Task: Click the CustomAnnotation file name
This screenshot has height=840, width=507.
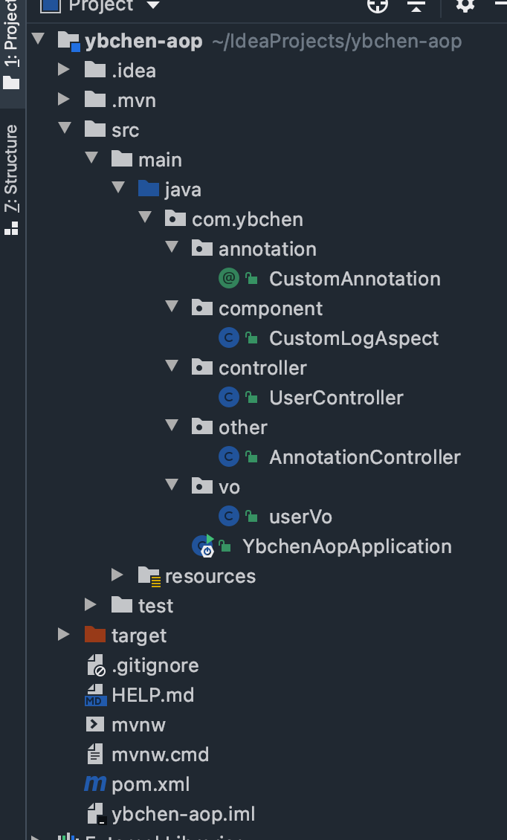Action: tap(355, 279)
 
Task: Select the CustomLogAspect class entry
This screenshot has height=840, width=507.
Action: tap(354, 338)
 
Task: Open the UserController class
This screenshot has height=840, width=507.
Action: tap(336, 398)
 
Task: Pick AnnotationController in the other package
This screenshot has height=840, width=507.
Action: tap(364, 457)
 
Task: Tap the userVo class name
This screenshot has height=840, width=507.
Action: tap(300, 517)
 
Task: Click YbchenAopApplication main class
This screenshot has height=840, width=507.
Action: tap(346, 546)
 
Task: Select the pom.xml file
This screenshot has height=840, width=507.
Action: tap(150, 784)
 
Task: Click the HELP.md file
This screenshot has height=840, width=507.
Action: tap(152, 695)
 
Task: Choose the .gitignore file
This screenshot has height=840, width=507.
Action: tap(155, 665)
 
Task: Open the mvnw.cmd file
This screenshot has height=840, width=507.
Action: tap(160, 755)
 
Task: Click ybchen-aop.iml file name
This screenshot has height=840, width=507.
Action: tap(183, 814)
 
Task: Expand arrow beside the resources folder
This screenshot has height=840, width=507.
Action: tap(117, 575)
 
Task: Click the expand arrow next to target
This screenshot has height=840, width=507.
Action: tap(64, 634)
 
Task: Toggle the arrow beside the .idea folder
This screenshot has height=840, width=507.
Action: tap(64, 70)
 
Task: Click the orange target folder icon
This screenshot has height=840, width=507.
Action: tap(95, 634)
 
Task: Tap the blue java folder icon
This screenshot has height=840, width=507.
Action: tap(149, 189)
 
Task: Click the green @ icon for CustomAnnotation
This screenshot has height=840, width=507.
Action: tap(228, 279)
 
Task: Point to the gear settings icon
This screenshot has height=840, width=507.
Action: tap(465, 6)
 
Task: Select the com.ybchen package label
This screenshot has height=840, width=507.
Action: tap(247, 219)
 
